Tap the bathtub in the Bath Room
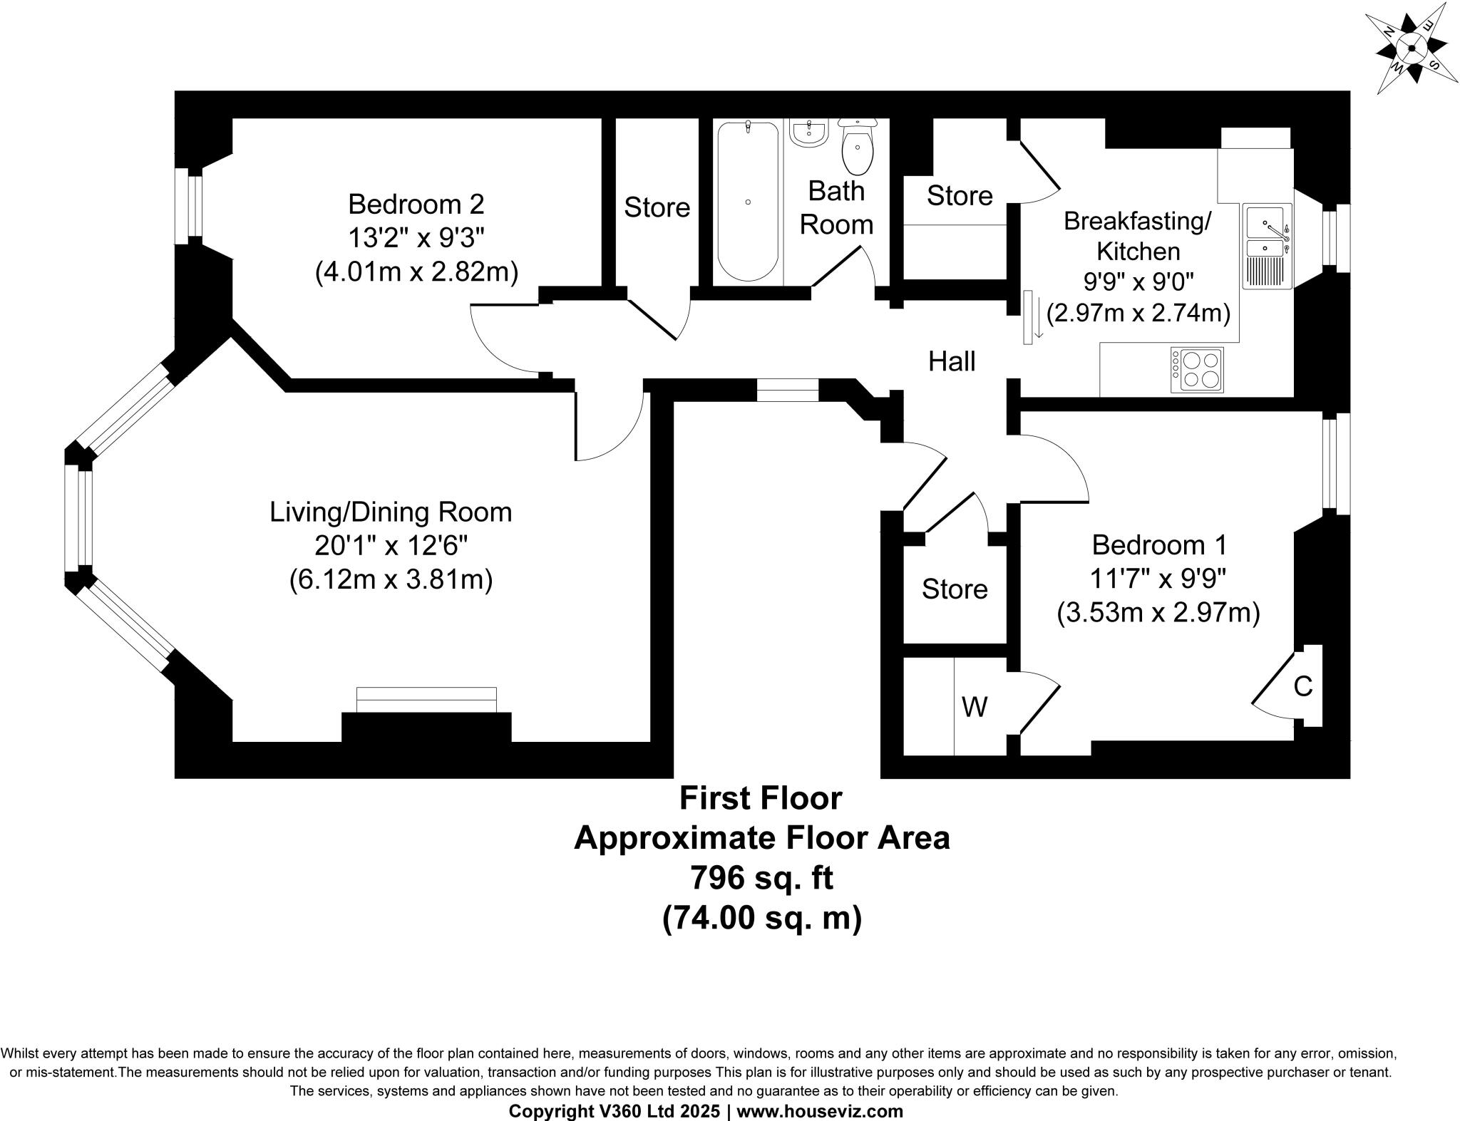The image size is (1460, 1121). pos(748,202)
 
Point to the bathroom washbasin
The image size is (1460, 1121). pos(809,133)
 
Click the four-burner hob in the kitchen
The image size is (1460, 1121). pos(1197,370)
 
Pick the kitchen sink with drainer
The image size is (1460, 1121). pos(1267,246)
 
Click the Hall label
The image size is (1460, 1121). pos(952,361)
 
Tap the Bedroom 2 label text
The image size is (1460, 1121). pos(416,205)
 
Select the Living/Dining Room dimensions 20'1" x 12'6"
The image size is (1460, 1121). pos(391,546)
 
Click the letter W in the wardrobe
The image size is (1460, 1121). pos(975,707)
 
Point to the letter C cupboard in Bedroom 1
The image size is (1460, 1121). pos(1302,686)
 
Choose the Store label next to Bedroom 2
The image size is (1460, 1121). pos(657,207)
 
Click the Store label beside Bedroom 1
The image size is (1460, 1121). pos(955,589)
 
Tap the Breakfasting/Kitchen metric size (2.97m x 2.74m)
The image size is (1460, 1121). pos(1138,314)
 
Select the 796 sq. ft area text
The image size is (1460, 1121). pos(761,878)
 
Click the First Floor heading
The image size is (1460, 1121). pos(761,798)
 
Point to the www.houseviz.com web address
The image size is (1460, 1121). pos(820,1111)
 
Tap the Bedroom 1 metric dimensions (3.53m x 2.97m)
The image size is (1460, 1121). pos(1158,613)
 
